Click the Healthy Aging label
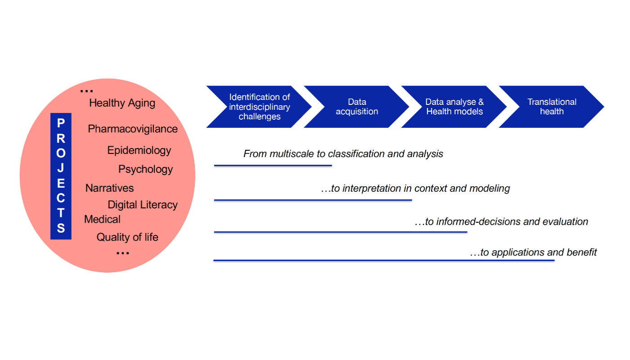122,103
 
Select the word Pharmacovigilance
133,129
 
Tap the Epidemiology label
139,150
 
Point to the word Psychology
145,169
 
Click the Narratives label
109,188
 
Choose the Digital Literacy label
143,205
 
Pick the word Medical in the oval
102,219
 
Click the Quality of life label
127,237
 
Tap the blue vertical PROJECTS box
61,176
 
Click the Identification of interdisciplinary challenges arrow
259,107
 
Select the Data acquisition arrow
357,107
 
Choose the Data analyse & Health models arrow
454,107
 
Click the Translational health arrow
552,107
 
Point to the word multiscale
292,154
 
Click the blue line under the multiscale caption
273,166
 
